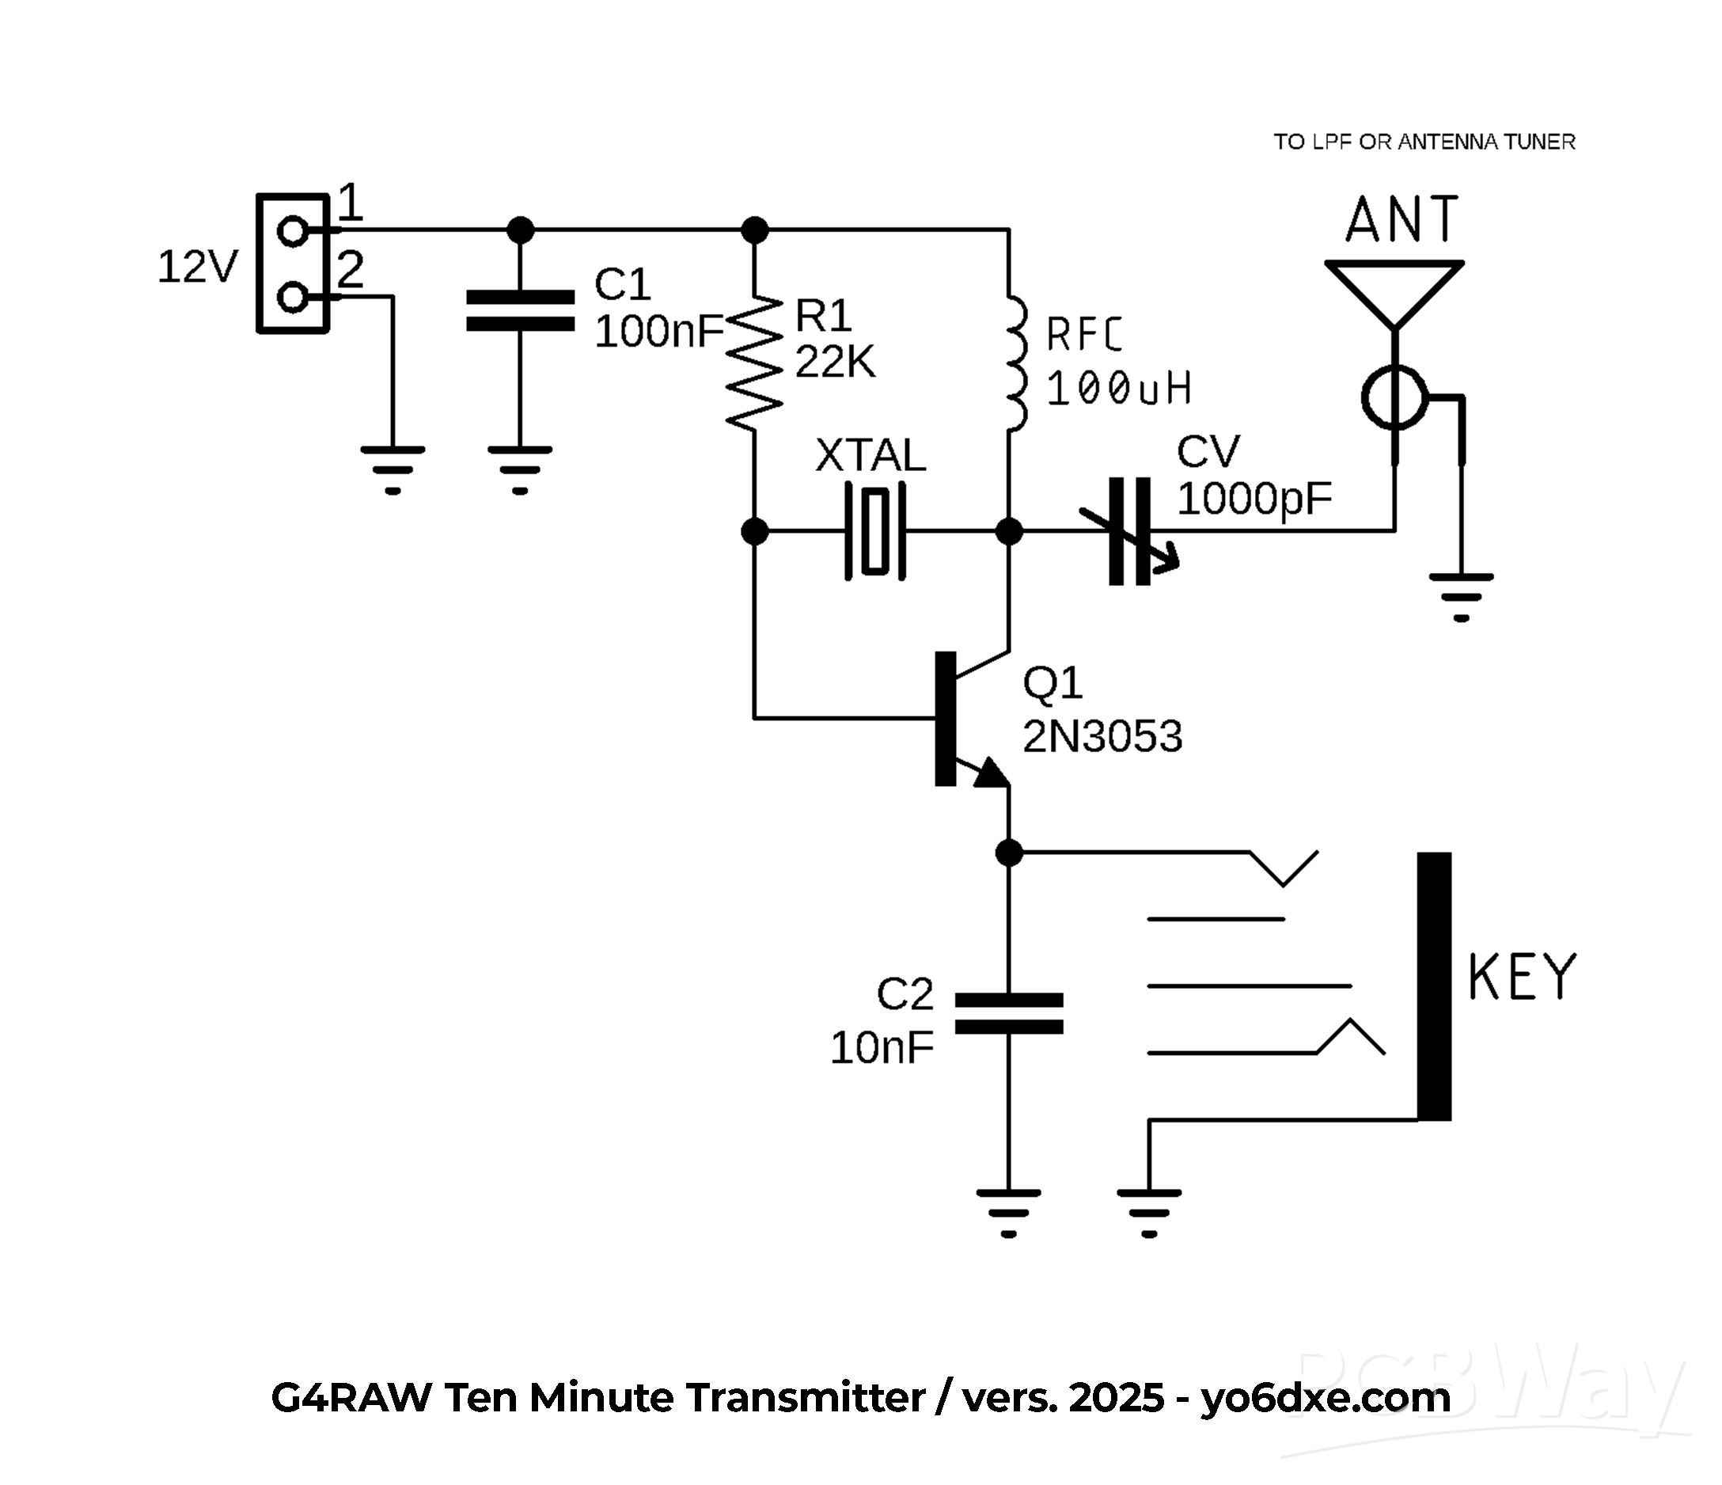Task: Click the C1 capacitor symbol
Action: [520, 311]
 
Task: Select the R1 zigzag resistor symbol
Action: [755, 363]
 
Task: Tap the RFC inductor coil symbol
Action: [1015, 363]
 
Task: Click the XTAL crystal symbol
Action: [875, 530]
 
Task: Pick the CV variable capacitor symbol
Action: [1130, 530]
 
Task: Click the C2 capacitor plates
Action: [1009, 1013]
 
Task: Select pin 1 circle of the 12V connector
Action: [293, 230]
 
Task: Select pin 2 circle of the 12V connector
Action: [293, 297]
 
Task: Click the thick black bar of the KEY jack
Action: [1434, 986]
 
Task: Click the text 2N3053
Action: [1102, 737]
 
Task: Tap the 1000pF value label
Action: [1254, 499]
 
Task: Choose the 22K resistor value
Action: [834, 363]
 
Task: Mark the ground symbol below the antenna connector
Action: [1461, 595]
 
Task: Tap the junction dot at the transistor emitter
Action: [1009, 853]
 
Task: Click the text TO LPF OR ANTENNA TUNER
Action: [1424, 142]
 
